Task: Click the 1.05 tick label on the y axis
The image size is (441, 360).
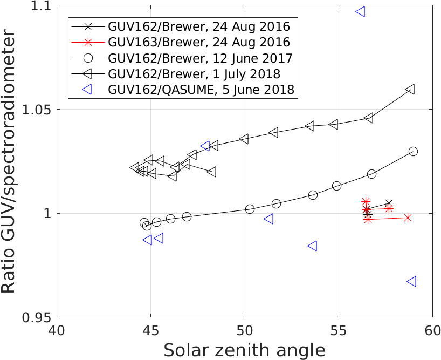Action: (x=38, y=110)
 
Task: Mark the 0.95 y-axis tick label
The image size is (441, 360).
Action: (x=38, y=317)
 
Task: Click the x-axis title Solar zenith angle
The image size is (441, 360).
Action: (x=245, y=350)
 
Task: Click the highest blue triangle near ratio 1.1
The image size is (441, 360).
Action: (x=361, y=11)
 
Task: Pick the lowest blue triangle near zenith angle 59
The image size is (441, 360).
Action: (x=411, y=281)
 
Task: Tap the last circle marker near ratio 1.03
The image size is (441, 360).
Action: (x=413, y=151)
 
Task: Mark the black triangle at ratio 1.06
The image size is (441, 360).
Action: (x=410, y=89)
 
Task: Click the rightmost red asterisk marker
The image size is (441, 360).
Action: (x=408, y=218)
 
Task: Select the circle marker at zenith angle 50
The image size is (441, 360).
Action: (x=250, y=209)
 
